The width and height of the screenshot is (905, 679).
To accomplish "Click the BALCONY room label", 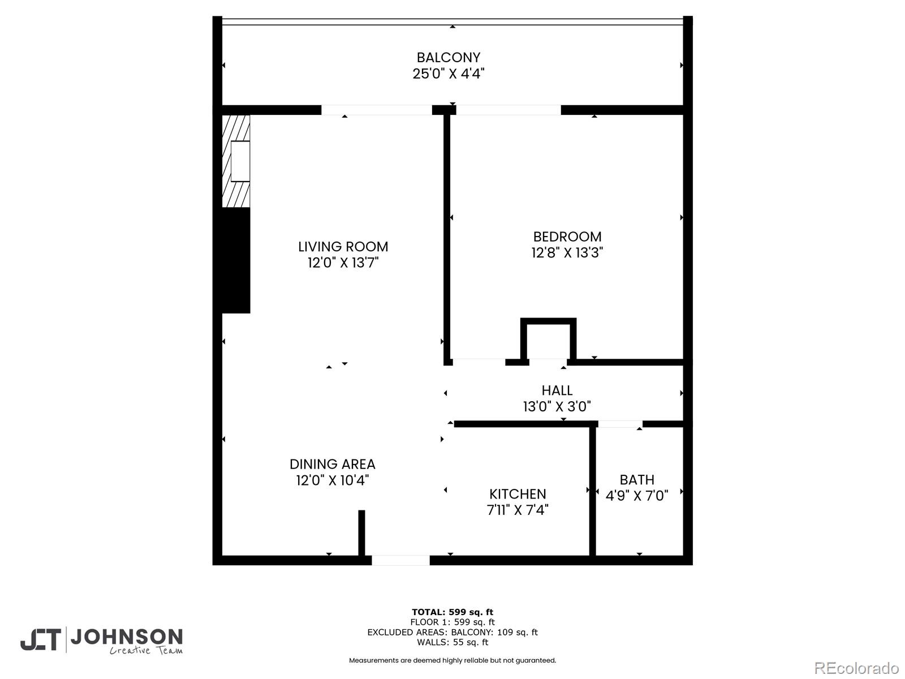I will click(449, 58).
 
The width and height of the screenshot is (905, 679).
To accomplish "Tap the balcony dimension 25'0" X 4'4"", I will click(449, 74).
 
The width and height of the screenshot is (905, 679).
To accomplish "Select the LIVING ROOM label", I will click(343, 247).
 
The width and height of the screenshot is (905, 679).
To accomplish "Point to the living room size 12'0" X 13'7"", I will click(343, 263).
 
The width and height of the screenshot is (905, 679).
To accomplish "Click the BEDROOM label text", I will click(567, 237).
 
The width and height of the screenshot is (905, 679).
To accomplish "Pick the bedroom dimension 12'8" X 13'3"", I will click(567, 252).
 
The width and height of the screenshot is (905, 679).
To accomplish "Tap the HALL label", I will click(557, 390).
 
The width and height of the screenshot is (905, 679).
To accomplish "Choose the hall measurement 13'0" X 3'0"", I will click(557, 406).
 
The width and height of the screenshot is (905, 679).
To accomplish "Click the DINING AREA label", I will click(333, 465).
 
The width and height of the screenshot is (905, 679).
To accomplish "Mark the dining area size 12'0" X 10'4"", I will click(333, 480).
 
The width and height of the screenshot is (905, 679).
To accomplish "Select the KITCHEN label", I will click(518, 494).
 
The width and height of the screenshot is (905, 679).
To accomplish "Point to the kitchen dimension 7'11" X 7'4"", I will click(518, 510).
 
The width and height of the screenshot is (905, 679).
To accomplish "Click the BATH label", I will click(637, 480).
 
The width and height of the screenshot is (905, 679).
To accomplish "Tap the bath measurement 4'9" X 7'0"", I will click(637, 496).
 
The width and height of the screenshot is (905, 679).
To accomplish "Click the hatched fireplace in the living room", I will click(236, 161).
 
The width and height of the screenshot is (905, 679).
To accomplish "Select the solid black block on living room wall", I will click(236, 260).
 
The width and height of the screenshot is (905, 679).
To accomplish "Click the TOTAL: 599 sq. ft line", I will click(453, 612).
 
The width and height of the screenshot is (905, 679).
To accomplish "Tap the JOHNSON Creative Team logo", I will click(102, 641).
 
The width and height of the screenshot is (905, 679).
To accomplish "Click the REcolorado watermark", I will click(856, 668).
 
